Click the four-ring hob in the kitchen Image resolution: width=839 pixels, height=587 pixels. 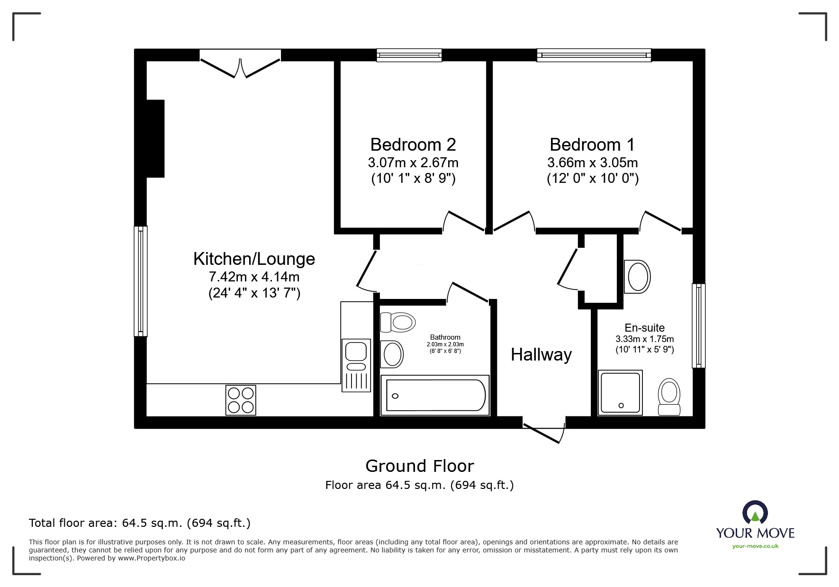(241, 400)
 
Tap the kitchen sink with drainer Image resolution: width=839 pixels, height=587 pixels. (356, 365)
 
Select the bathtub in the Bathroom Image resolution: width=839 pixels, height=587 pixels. (435, 395)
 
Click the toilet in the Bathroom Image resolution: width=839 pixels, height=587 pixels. (397, 323)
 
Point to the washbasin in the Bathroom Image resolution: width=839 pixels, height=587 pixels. (392, 354)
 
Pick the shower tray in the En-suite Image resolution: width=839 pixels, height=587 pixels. (620, 393)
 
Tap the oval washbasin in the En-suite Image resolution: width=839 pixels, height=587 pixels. (637, 276)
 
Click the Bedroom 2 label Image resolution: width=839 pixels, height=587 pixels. (413, 144)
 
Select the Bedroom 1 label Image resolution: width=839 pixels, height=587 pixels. (592, 144)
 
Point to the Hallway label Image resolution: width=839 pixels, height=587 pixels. (541, 354)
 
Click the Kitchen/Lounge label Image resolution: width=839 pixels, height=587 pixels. (254, 259)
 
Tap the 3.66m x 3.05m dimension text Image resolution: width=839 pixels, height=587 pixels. (593, 163)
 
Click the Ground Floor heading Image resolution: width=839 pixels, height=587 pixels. (420, 466)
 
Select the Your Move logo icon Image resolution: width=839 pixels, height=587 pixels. (755, 512)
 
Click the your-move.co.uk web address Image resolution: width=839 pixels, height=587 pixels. (755, 546)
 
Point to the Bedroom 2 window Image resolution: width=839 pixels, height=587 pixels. (409, 55)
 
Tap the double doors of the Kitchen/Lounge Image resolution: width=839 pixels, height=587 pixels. (240, 64)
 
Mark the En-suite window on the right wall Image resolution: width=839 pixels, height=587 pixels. (699, 325)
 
